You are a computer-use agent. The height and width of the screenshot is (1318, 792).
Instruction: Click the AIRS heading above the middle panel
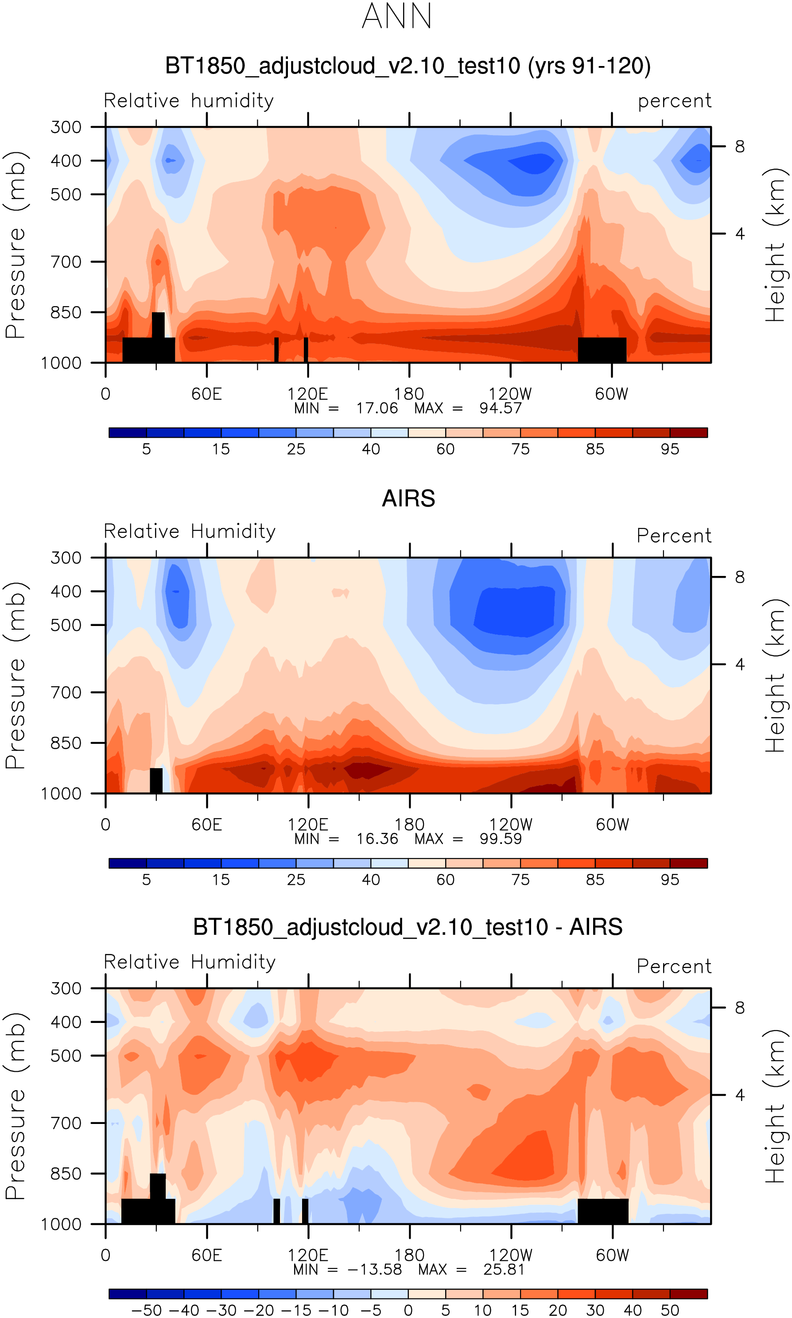point(408,498)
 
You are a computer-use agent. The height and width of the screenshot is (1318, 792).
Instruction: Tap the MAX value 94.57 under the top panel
point(500,409)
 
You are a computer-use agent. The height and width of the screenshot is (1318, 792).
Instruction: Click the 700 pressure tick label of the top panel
point(66,262)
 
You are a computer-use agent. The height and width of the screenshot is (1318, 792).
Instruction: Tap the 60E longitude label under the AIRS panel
point(206,825)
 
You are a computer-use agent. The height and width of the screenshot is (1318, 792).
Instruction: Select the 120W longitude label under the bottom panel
point(511,1256)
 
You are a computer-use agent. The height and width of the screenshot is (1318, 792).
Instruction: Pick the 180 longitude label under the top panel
point(409,394)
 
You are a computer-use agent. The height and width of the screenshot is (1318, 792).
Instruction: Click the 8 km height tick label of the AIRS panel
point(740,577)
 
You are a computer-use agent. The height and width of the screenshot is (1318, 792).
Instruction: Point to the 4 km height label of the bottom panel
point(740,1096)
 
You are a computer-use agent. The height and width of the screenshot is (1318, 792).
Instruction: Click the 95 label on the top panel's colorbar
point(670,449)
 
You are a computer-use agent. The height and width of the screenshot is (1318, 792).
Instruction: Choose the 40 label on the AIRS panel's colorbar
point(371,880)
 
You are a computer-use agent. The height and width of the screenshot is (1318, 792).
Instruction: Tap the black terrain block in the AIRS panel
point(156,781)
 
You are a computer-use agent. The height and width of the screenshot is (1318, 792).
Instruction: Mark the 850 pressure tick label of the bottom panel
point(66,1174)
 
